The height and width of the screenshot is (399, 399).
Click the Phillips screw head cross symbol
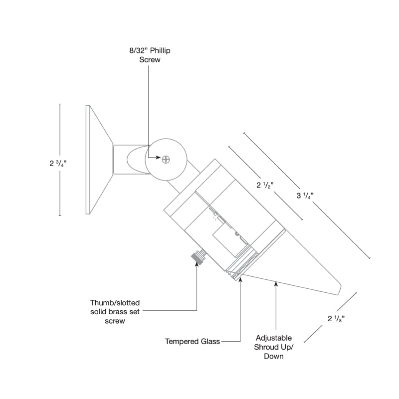pyautogui.click(x=166, y=160)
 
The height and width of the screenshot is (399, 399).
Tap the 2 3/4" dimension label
pyautogui.click(x=58, y=163)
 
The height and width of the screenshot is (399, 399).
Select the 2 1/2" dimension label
pyautogui.click(x=265, y=185)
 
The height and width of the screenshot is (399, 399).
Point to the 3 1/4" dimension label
pyautogui.click(x=305, y=196)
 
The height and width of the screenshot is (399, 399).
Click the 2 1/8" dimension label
pyautogui.click(x=336, y=318)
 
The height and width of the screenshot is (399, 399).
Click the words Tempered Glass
pyautogui.click(x=193, y=341)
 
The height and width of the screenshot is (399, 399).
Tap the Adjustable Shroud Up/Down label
pyautogui.click(x=273, y=347)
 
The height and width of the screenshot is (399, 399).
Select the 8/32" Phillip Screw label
pyautogui.click(x=150, y=55)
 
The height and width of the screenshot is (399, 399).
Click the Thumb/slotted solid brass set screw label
pyautogui.click(x=115, y=312)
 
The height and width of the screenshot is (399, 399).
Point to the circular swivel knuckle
pyautogui.click(x=166, y=160)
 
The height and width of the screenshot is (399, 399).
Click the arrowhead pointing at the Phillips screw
pyautogui.click(x=158, y=158)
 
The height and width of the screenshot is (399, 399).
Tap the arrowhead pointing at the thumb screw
pyautogui.click(x=197, y=263)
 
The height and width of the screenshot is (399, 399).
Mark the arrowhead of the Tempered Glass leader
pyautogui.click(x=240, y=279)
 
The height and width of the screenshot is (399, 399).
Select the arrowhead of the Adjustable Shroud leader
pyautogui.click(x=276, y=284)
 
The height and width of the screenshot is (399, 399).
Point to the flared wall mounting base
pyautogui.click(x=99, y=160)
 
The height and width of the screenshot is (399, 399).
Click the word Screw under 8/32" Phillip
pyautogui.click(x=150, y=60)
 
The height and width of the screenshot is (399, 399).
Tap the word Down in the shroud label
pyautogui.click(x=273, y=356)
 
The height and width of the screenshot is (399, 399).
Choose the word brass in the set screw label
pyautogui.click(x=119, y=312)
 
